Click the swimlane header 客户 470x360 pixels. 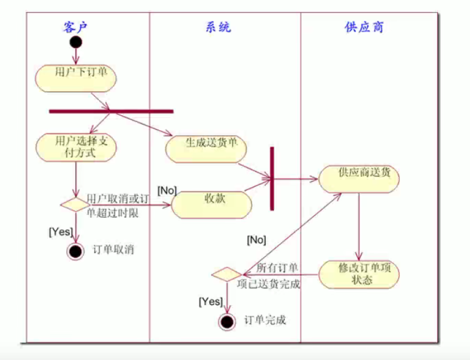[79, 27]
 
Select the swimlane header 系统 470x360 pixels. [218, 27]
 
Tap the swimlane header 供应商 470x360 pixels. [364, 27]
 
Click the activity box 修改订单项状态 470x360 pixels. [359, 273]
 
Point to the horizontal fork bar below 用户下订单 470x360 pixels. [111, 111]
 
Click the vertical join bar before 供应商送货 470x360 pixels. [272, 178]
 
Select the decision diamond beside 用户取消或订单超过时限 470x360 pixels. [75, 204]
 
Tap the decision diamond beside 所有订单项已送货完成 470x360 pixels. [226, 275]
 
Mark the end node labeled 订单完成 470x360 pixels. [226, 321]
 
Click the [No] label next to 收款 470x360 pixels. [167, 190]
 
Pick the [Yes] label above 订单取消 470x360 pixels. [60, 231]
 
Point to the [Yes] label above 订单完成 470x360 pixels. [210, 302]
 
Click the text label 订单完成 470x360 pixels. [266, 320]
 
